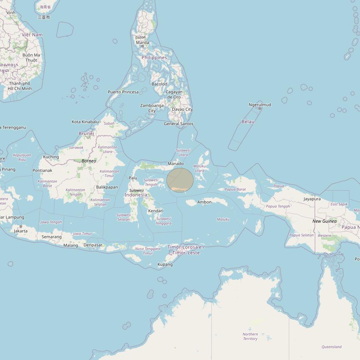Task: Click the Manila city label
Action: pos(142,42)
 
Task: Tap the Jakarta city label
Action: pos(20,231)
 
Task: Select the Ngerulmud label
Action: pos(260,105)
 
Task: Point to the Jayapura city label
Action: pos(312,199)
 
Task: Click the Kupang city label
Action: pos(165,264)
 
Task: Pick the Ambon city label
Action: pos(204,202)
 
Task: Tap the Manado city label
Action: pos(175,164)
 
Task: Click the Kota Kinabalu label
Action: pos(85,122)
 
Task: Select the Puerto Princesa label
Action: pos(123,92)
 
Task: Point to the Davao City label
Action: pos(182,109)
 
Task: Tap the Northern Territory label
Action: pos(250,336)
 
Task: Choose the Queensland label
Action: pos(332,347)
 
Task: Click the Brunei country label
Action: pos(86,133)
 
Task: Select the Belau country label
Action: pos(248,121)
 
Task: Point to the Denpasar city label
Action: pos(93,245)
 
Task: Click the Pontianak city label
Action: pos(42,171)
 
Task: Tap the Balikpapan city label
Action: pos(107,187)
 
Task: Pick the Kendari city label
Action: pos(155,211)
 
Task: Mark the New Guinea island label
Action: pos(324,221)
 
